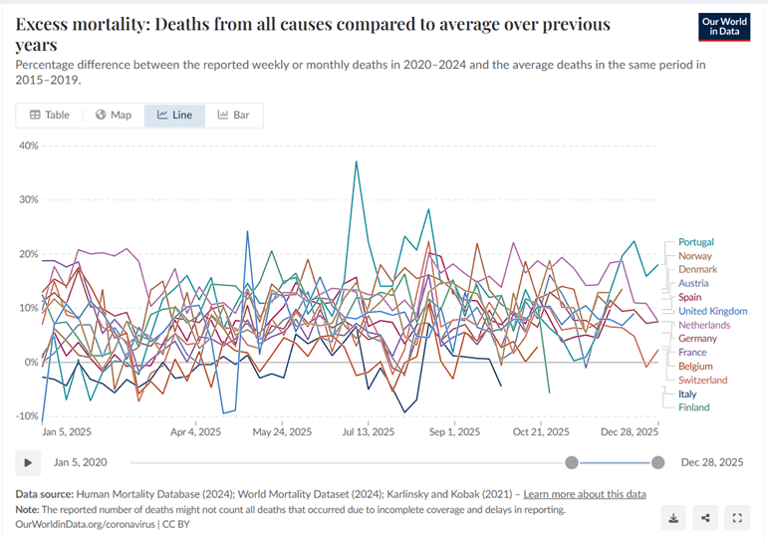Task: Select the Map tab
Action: coord(114,115)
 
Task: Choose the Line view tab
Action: coord(174,115)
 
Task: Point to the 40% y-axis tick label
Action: coord(27,145)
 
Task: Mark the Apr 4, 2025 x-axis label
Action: coord(196,432)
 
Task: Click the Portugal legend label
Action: coord(695,242)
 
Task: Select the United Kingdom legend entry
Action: coord(712,311)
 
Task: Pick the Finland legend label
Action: coord(693,407)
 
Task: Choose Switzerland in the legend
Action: coord(702,380)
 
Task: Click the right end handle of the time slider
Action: coord(657,462)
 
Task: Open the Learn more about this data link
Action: coord(585,494)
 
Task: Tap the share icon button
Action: coord(704,517)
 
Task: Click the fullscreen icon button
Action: coord(737,517)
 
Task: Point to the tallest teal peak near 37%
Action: coord(356,161)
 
